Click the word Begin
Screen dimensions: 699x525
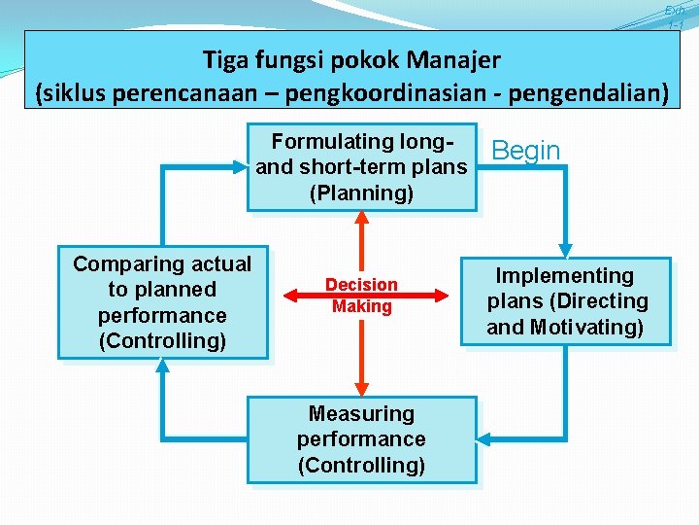pos(526,151)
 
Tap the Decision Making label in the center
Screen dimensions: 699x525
pos(361,296)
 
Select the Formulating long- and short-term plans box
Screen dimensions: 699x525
pos(361,167)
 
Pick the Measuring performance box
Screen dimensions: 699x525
pos(361,439)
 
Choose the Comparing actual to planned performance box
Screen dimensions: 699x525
pos(162,302)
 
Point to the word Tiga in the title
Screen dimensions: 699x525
pos(225,60)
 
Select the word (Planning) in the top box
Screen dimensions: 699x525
pos(361,192)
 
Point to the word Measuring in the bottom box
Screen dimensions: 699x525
pos(361,414)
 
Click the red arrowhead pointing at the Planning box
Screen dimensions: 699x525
pos(361,219)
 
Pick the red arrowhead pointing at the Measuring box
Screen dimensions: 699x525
pos(361,388)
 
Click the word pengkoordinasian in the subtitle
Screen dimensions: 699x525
pos(421,93)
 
